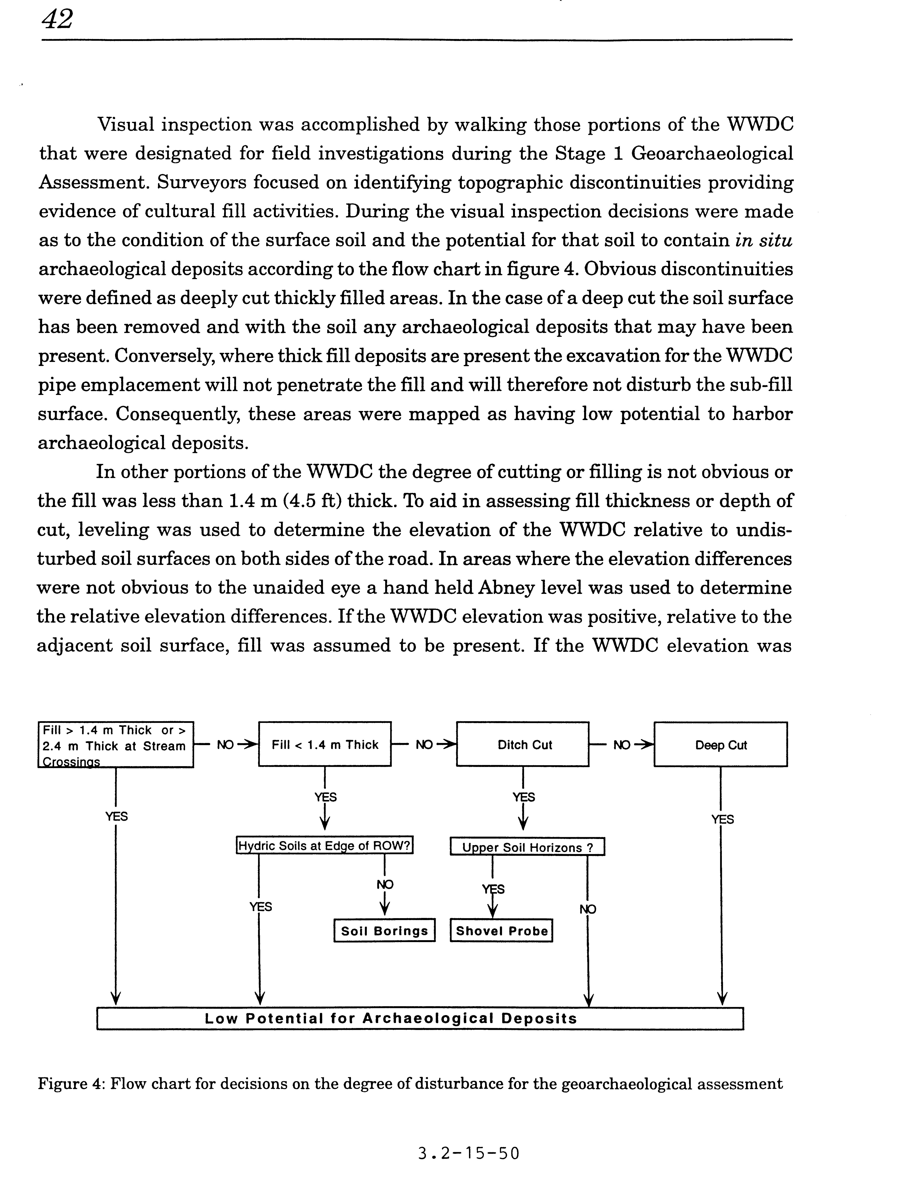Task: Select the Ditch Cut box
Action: tap(524, 745)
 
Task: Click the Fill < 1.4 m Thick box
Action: tap(325, 745)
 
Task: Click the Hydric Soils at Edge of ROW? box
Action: tap(325, 846)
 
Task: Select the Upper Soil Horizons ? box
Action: tap(527, 847)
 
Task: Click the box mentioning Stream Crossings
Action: tap(116, 745)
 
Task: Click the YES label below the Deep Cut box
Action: tap(722, 819)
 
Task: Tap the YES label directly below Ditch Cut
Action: tap(524, 797)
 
